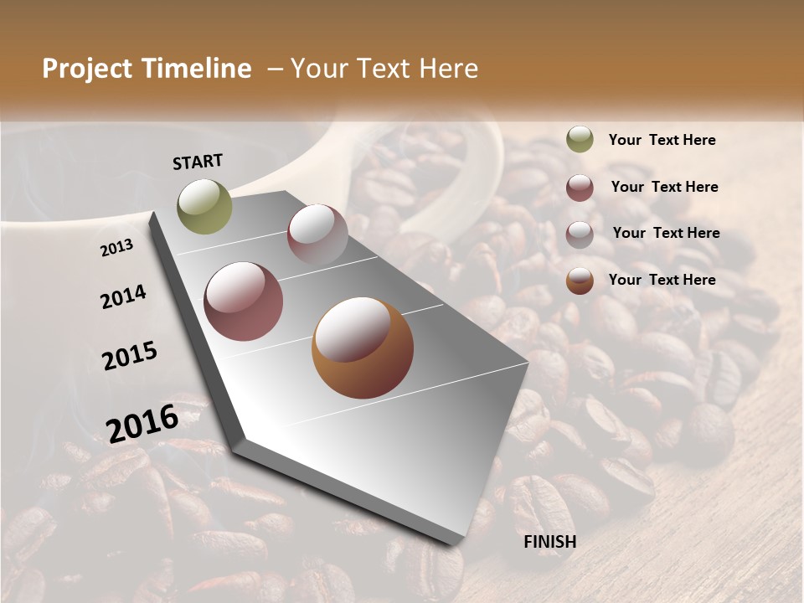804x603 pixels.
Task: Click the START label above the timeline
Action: (x=198, y=162)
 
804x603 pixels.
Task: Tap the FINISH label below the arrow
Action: (x=549, y=541)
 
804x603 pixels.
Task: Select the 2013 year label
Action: (x=117, y=247)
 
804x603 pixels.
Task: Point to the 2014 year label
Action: (x=123, y=296)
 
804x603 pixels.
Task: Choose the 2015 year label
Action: (x=130, y=356)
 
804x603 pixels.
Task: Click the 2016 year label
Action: (x=142, y=423)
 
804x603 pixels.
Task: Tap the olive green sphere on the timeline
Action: (x=204, y=206)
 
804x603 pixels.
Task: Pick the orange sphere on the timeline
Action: (x=363, y=348)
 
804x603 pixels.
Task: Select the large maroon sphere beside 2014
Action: (x=244, y=301)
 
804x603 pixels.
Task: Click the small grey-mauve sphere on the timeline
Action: (x=317, y=234)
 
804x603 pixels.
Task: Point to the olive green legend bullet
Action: (x=580, y=140)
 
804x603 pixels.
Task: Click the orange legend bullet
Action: (x=580, y=281)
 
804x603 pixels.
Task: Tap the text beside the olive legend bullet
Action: (x=662, y=140)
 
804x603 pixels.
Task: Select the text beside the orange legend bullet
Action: (x=662, y=280)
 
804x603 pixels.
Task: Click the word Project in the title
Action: (x=87, y=69)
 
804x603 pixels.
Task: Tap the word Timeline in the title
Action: (x=196, y=69)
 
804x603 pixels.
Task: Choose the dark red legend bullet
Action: (x=580, y=188)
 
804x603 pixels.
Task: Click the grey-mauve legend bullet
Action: (x=580, y=234)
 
